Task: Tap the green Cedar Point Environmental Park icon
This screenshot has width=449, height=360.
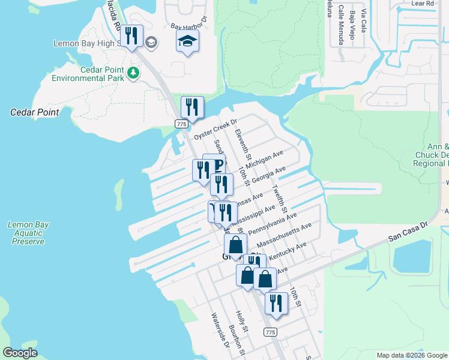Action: (133, 73)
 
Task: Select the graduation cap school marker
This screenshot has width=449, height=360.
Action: (187, 42)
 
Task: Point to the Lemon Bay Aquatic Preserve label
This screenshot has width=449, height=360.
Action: (28, 233)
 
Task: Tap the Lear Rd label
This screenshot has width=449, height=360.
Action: (423, 4)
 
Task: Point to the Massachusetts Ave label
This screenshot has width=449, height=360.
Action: (284, 236)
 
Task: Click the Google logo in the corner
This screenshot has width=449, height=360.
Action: (20, 352)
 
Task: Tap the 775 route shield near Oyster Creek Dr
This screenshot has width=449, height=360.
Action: (181, 123)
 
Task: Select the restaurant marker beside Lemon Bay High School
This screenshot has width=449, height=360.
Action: (131, 37)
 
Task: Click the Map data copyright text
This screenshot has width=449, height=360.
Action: (412, 355)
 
